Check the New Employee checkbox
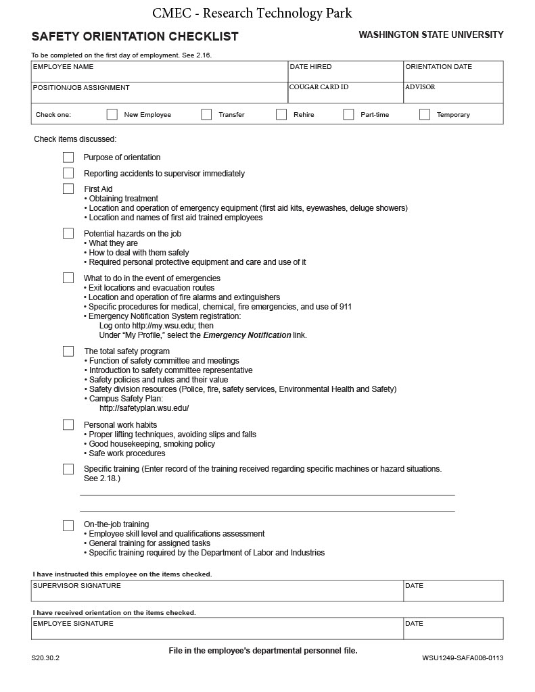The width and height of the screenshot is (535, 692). pos(112,114)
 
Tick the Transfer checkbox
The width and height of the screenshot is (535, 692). pos(206,114)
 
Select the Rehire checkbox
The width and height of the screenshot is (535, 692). pos(281,114)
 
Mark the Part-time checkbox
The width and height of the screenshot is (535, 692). pos(348,114)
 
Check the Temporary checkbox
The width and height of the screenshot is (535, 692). pos(425,114)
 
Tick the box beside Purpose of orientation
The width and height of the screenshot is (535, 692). pos(68,157)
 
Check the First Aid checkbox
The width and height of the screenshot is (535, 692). pos(68,189)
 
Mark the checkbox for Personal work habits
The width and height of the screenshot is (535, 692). pos(68,424)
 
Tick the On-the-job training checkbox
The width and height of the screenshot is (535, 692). pos(68,525)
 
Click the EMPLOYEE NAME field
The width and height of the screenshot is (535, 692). pos(160,74)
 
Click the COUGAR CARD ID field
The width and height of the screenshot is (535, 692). pos(346,95)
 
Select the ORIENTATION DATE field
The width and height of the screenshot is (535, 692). pos(453,74)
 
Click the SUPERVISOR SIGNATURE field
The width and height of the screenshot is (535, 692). pos(217,593)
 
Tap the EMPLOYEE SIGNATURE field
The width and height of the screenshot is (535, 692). pos(217,631)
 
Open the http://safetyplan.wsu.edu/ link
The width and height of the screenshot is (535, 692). pos(144,408)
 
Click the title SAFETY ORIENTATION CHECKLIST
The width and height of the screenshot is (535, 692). pos(135,36)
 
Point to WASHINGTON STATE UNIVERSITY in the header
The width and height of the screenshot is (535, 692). pos(431,34)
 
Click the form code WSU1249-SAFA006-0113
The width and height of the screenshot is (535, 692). pos(463,658)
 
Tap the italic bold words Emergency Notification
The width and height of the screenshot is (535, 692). pos(247,335)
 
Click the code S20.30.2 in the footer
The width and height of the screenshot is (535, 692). pos(45,658)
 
